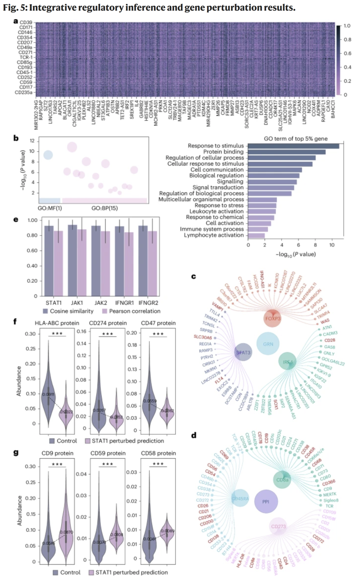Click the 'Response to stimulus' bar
(293, 146)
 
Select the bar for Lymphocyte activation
(256, 236)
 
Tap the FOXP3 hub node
(273, 318)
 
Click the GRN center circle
(268, 344)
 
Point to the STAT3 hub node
(243, 352)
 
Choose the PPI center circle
(266, 502)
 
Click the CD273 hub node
(278, 526)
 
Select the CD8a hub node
(282, 480)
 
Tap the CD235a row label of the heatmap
(23, 92)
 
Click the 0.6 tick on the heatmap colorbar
(347, 54)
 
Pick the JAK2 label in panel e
(101, 303)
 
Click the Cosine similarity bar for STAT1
(49, 261)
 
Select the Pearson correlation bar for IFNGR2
(153, 263)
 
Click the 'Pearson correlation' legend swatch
(105, 311)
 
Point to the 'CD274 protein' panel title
(108, 323)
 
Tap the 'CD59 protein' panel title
(108, 453)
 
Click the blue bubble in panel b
(48, 155)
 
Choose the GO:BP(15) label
(105, 208)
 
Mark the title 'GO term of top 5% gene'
(296, 139)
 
